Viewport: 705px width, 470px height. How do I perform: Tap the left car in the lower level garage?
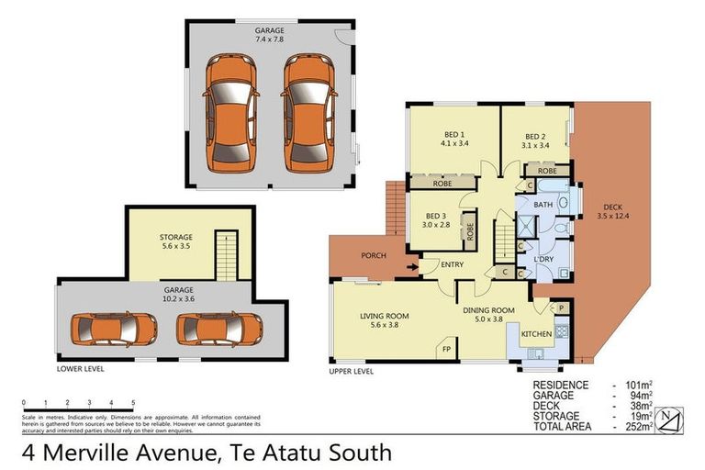coord(103,328)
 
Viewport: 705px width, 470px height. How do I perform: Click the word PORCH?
coord(373,255)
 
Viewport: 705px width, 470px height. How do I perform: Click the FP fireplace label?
coord(447,349)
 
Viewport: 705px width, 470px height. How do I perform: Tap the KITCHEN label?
coord(537,335)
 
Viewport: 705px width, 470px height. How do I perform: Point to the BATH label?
coord(543,205)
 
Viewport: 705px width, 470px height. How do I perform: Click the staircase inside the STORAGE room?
coord(226,254)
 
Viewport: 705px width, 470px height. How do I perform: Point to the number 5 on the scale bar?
coord(133,403)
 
